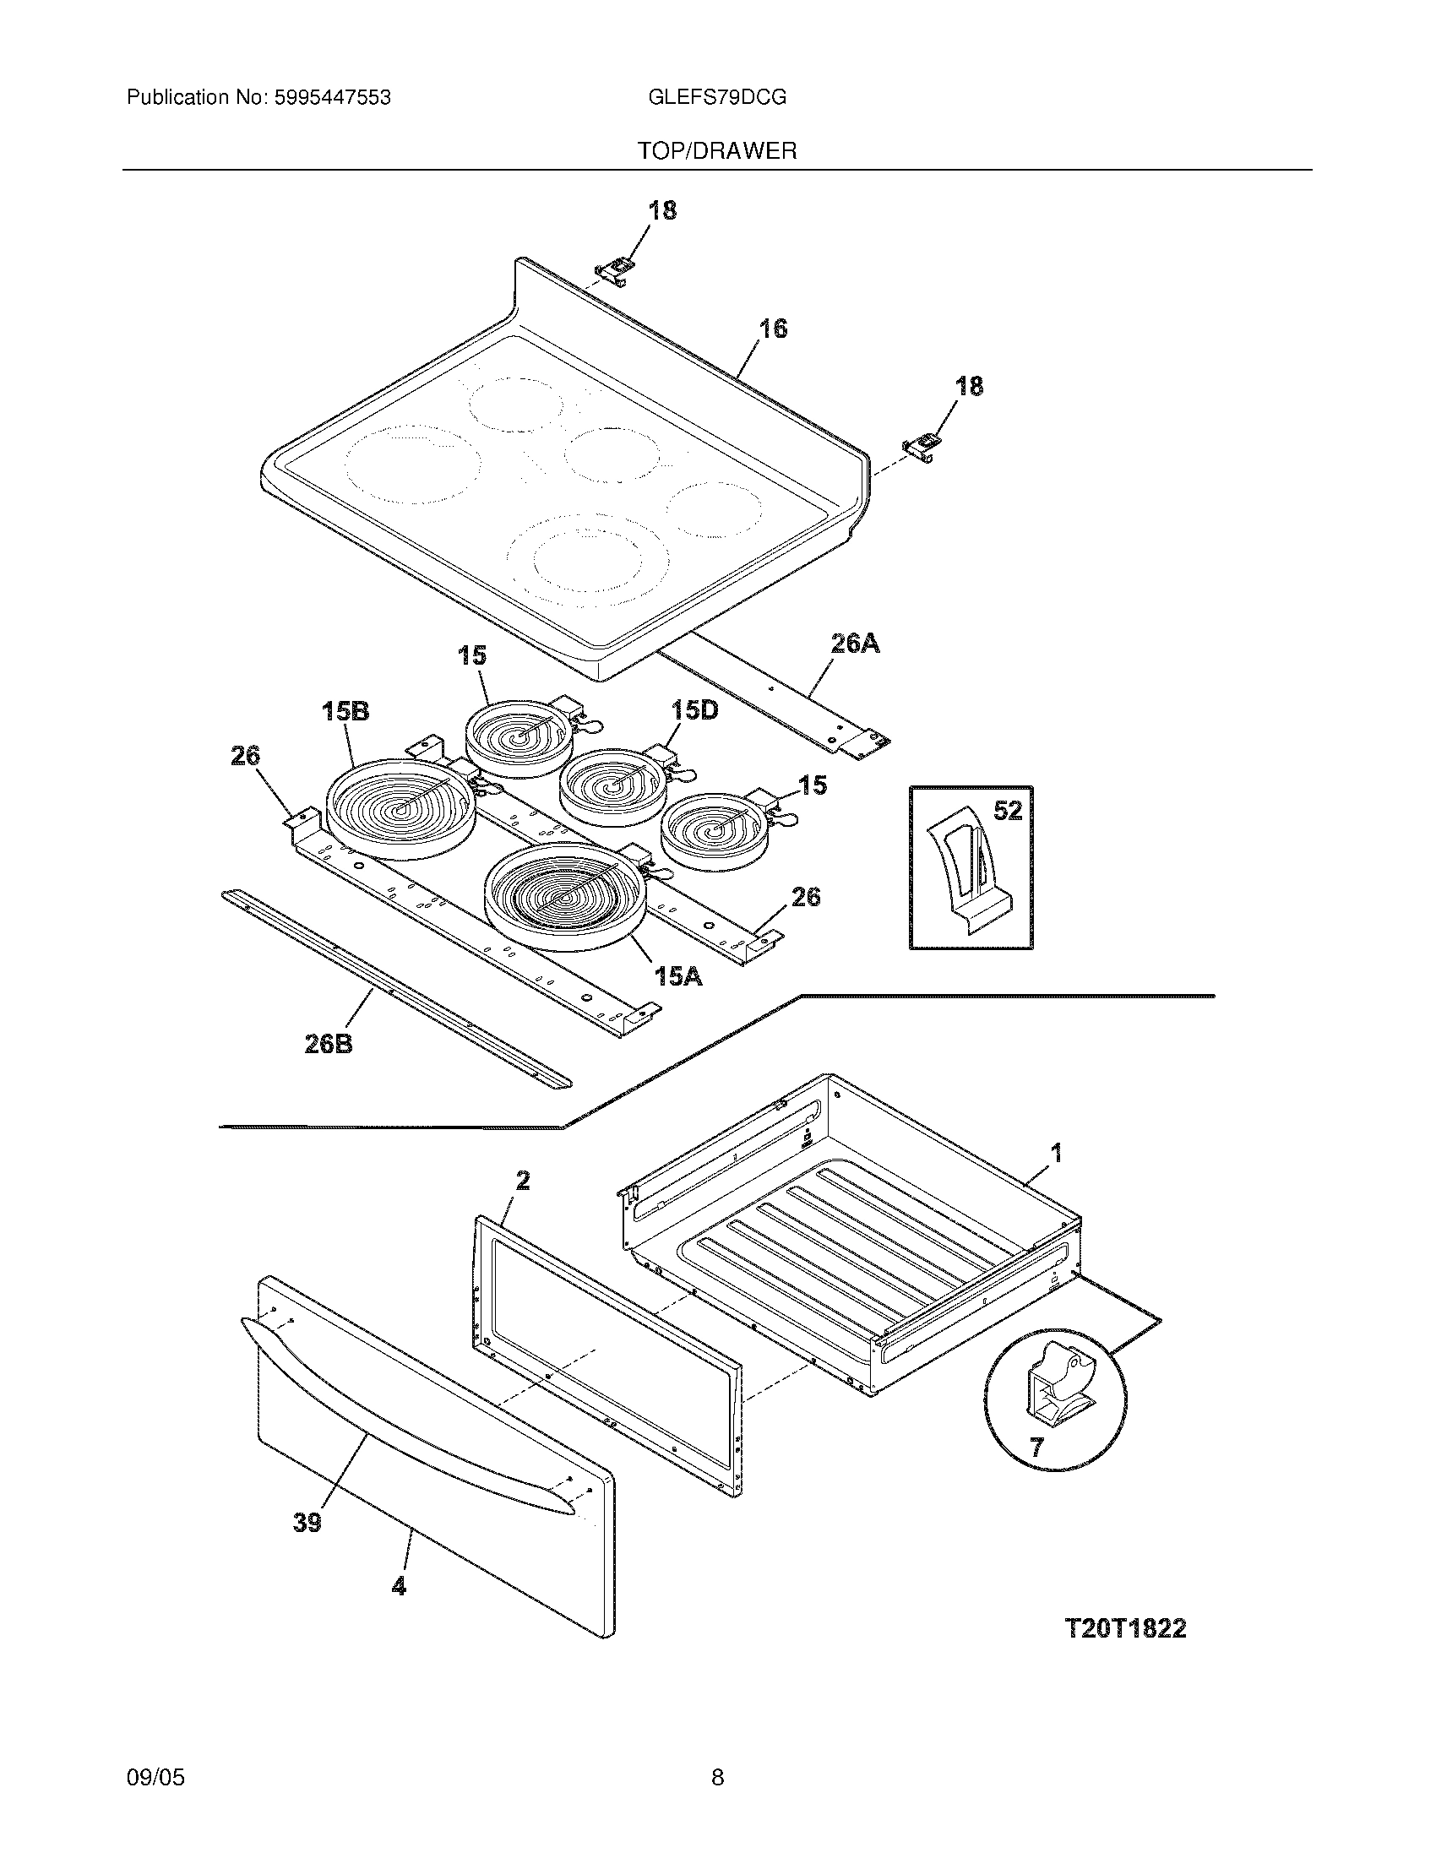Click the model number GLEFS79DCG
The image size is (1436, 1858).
click(717, 98)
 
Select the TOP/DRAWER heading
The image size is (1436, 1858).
click(717, 151)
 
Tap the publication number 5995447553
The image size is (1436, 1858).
click(332, 98)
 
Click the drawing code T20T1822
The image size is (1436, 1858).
click(1124, 1628)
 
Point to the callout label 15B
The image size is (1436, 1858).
click(345, 711)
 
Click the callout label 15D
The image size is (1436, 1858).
click(694, 709)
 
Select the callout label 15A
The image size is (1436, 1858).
click(678, 976)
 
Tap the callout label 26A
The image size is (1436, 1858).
click(855, 644)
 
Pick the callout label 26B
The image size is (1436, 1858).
click(329, 1044)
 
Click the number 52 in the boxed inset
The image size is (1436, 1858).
click(1007, 811)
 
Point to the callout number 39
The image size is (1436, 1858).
click(307, 1522)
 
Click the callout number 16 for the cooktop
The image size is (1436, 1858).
click(772, 329)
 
